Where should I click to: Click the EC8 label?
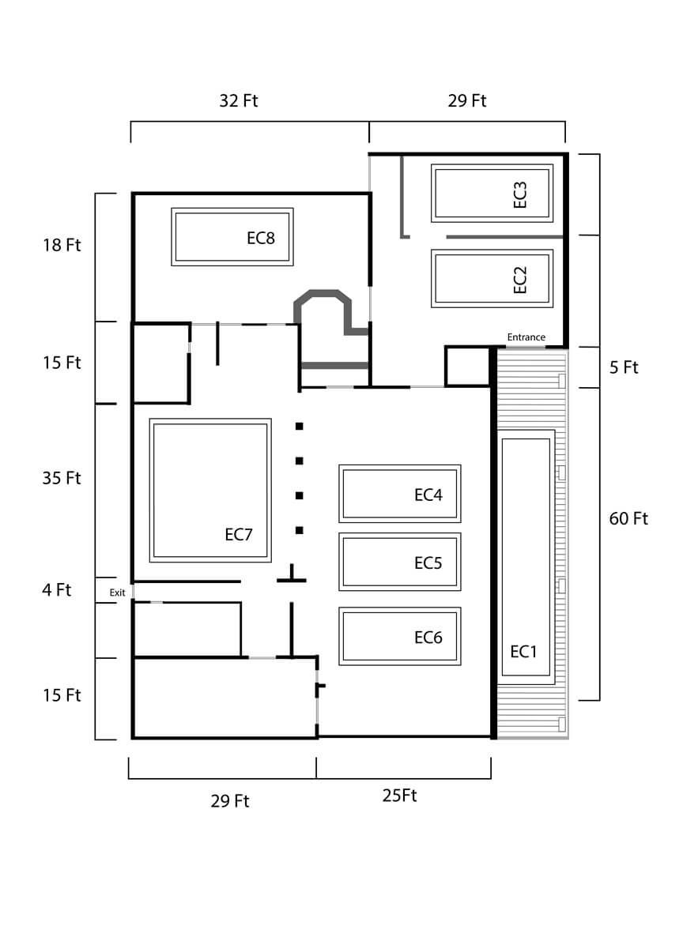[261, 237]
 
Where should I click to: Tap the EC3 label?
[520, 194]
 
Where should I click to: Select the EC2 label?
[520, 280]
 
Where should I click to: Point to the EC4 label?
[428, 495]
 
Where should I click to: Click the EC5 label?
[428, 562]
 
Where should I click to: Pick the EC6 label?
[428, 637]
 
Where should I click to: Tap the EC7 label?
[239, 534]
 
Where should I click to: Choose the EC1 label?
[523, 651]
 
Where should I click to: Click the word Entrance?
[526, 337]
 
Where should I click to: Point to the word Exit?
[117, 592]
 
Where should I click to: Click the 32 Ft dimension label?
[239, 100]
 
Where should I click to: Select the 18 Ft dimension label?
[62, 245]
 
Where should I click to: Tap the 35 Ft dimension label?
[62, 478]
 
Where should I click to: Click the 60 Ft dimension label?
[628, 519]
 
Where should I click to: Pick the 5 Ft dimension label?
[624, 367]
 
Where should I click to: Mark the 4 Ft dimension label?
[57, 589]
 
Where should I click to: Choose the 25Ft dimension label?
[399, 796]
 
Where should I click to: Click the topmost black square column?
[300, 427]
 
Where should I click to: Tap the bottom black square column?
[300, 529]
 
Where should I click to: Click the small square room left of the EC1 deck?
[468, 366]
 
